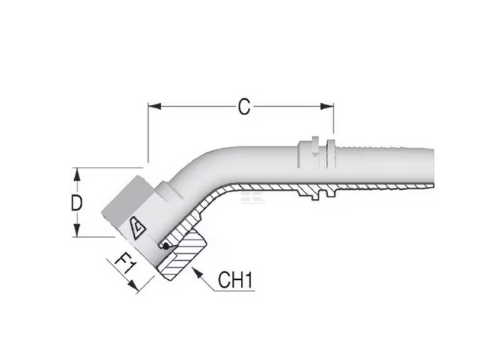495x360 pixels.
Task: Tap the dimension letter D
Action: (76, 203)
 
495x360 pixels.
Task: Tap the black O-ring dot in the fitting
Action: (165, 246)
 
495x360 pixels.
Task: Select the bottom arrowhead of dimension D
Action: (76, 235)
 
